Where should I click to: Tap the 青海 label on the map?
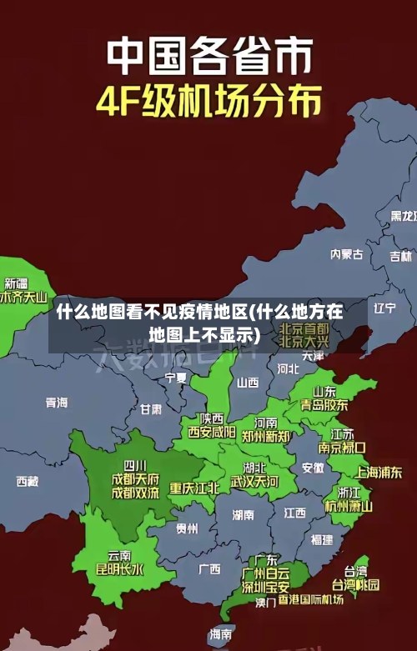57,403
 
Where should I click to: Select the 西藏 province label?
28,481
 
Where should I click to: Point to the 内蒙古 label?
346,231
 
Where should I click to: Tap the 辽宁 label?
384,308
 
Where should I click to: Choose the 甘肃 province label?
151,409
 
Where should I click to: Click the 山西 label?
248,383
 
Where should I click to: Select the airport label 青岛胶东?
324,405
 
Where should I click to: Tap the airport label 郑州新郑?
266,436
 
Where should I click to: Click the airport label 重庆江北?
194,488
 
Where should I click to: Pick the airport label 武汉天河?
254,482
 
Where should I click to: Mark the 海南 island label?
221,634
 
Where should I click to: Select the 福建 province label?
322,539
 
